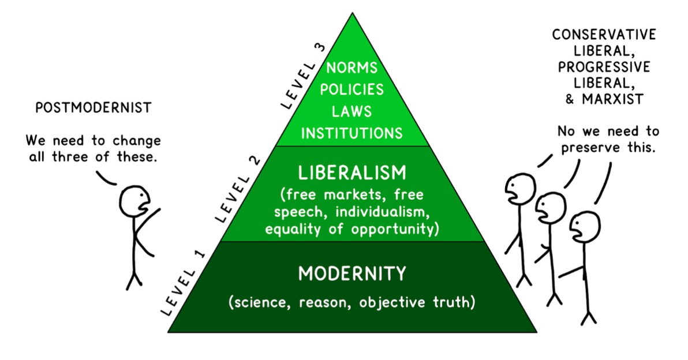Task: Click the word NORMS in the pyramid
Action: [352, 68]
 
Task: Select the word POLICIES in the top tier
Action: [352, 89]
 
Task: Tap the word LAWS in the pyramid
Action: [352, 111]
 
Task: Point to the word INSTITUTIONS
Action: [352, 133]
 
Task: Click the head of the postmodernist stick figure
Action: [136, 201]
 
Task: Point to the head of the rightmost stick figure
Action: [585, 227]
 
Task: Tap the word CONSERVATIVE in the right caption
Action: [604, 35]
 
